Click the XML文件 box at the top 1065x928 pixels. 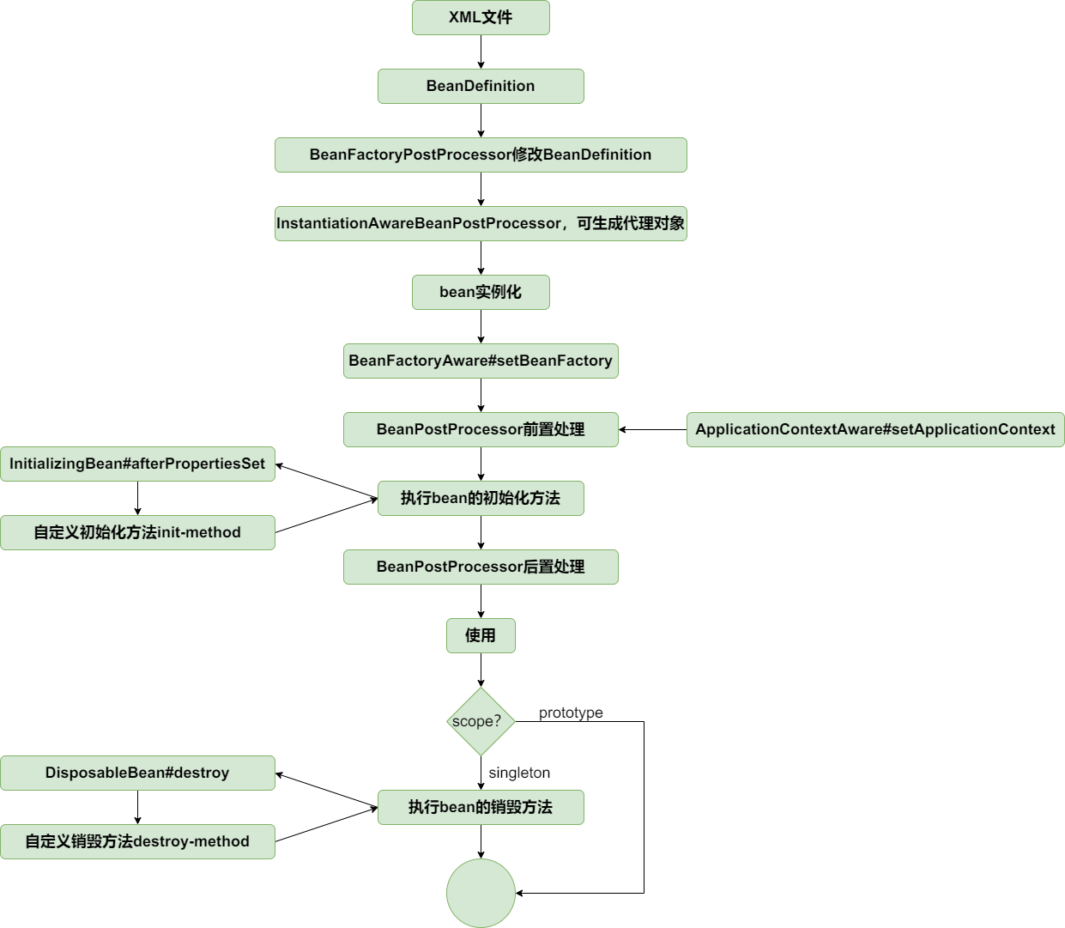[481, 17]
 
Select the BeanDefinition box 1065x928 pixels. [481, 86]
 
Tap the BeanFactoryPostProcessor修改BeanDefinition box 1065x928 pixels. [481, 155]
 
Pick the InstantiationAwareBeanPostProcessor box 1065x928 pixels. [481, 223]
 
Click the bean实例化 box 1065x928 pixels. [481, 292]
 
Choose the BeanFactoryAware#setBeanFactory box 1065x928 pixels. [481, 361]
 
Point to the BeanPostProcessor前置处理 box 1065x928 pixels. [481, 429]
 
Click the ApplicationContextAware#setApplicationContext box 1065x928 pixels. [875, 429]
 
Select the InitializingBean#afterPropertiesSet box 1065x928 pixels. [137, 464]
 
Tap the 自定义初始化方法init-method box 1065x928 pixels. [137, 532]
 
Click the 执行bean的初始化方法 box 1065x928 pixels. [481, 498]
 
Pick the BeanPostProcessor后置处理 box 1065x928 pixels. [481, 567]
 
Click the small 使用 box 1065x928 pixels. [481, 635]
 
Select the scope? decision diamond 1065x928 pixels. [481, 721]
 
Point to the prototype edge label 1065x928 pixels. [571, 713]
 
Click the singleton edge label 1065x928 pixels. [519, 773]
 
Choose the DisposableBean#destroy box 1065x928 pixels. [137, 773]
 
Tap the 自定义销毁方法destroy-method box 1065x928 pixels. [137, 841]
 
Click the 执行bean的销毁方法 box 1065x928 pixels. [481, 807]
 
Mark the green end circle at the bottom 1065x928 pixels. [481, 893]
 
